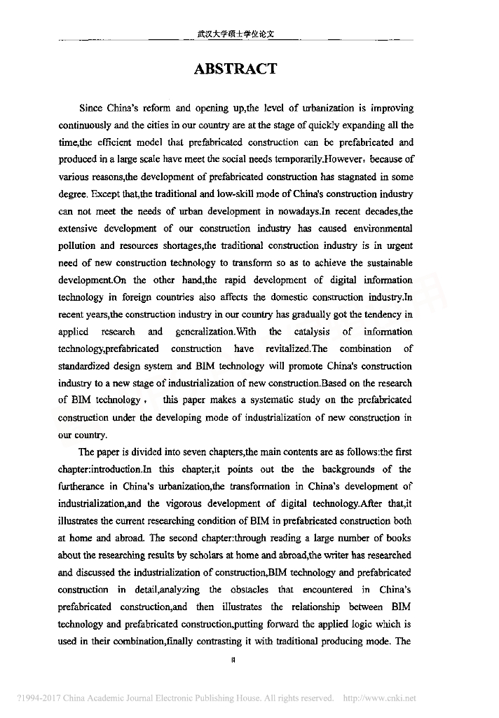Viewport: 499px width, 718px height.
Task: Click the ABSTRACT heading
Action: pyautogui.click(x=235, y=69)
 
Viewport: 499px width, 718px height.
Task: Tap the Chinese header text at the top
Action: pyautogui.click(x=235, y=33)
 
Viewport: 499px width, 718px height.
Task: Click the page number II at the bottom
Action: pyautogui.click(x=232, y=659)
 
